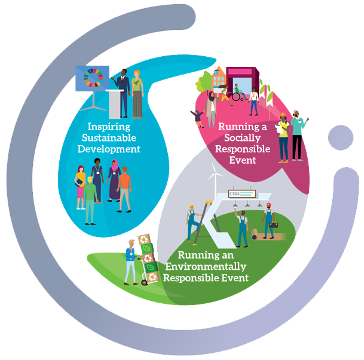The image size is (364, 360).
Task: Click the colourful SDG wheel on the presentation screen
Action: pos(94,79)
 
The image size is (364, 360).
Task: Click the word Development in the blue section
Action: pos(109,149)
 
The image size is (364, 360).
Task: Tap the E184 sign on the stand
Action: pos(236,194)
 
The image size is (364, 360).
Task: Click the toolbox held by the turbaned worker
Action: pos(274,225)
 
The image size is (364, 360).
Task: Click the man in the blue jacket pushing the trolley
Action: pos(130,260)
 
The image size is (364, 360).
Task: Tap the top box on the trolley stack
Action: pos(143,239)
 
